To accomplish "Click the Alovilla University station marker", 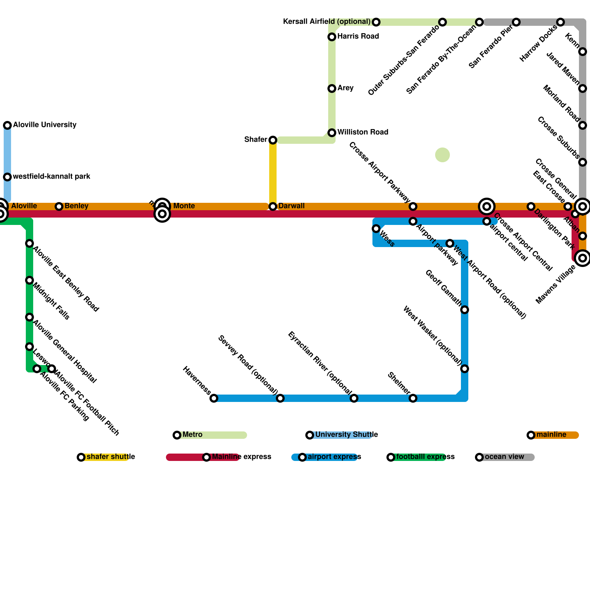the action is [7, 125].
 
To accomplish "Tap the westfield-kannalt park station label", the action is [51, 177].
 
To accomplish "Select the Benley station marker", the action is [59, 206].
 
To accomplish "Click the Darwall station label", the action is [291, 206].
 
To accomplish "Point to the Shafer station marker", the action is [273, 140].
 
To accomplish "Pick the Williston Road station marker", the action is [332, 133].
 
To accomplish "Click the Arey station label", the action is [345, 88].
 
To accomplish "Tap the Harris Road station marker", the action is [332, 37].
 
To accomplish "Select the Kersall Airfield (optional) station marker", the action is [376, 22].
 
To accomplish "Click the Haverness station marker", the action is [214, 398].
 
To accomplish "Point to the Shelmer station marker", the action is [413, 398].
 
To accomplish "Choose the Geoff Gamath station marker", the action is [465, 310].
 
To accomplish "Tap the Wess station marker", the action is [376, 229].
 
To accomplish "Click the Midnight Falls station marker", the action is [29, 280].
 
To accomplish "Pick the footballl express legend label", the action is [425, 457].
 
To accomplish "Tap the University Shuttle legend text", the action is [346, 435].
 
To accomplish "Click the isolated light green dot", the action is [442, 155].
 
